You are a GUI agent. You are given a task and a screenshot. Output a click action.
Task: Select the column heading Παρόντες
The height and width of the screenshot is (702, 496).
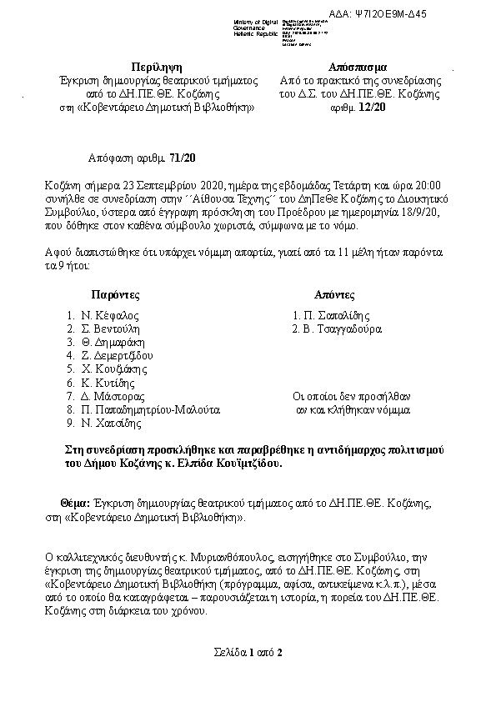[115, 295]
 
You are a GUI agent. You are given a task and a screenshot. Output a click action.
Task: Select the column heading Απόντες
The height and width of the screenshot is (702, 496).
[334, 295]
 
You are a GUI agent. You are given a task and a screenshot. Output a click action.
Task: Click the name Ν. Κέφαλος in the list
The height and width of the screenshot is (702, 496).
[109, 316]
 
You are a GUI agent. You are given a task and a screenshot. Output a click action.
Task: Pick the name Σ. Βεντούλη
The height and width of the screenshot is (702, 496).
[113, 329]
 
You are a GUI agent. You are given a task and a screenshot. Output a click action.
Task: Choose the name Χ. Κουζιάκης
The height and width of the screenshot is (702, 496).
[114, 369]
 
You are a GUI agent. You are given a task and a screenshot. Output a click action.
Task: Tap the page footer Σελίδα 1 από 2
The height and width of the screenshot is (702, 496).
[248, 652]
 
